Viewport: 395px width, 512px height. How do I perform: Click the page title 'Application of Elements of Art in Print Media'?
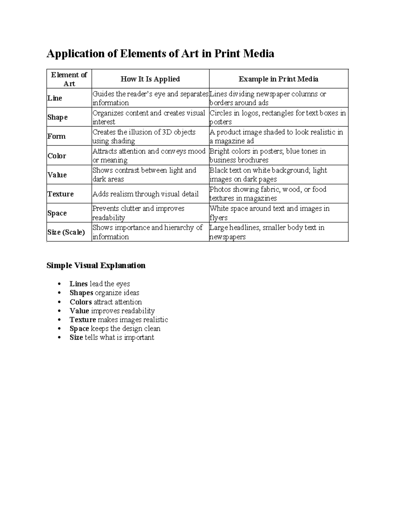click(160, 53)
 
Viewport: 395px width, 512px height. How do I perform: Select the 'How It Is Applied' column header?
click(150, 79)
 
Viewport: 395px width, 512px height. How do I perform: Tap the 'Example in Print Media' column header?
click(278, 79)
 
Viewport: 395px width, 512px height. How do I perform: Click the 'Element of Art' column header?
click(69, 79)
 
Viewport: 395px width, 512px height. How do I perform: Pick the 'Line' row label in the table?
click(55, 98)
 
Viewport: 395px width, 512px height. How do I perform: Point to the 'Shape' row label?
click(58, 117)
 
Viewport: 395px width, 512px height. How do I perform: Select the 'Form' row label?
click(57, 136)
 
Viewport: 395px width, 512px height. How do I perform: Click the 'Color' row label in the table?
click(57, 156)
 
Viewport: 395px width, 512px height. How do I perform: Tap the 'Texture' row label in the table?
click(61, 194)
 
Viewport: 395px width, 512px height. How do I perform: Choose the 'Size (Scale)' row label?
click(66, 232)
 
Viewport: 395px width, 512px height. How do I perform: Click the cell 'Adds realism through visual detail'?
click(145, 194)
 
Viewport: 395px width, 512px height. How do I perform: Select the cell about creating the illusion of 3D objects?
click(144, 136)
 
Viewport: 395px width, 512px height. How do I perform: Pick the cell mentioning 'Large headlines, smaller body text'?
click(267, 232)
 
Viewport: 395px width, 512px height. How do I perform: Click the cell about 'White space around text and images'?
click(269, 213)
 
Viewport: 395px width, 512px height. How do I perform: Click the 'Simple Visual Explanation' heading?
click(96, 266)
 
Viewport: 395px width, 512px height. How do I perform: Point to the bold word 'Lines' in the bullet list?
click(78, 284)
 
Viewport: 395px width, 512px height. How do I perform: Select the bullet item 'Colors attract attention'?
click(106, 302)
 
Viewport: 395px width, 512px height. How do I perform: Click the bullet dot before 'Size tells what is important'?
click(59, 338)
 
